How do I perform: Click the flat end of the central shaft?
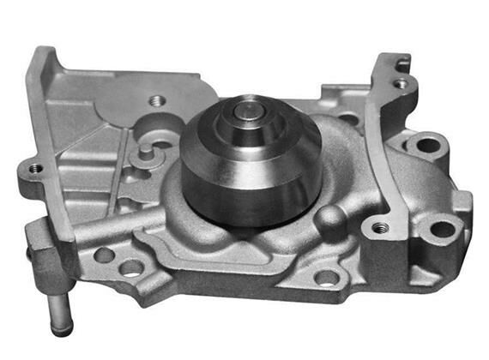point(249,110)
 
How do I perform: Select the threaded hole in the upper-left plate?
point(156,100)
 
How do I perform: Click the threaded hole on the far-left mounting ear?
point(34,168)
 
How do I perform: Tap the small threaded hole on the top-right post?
point(400,83)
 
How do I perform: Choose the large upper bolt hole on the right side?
point(426,141)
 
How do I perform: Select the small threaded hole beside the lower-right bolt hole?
point(378,228)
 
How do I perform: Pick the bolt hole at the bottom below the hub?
point(326,276)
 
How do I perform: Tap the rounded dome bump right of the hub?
point(329,218)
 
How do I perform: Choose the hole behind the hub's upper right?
point(347,118)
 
